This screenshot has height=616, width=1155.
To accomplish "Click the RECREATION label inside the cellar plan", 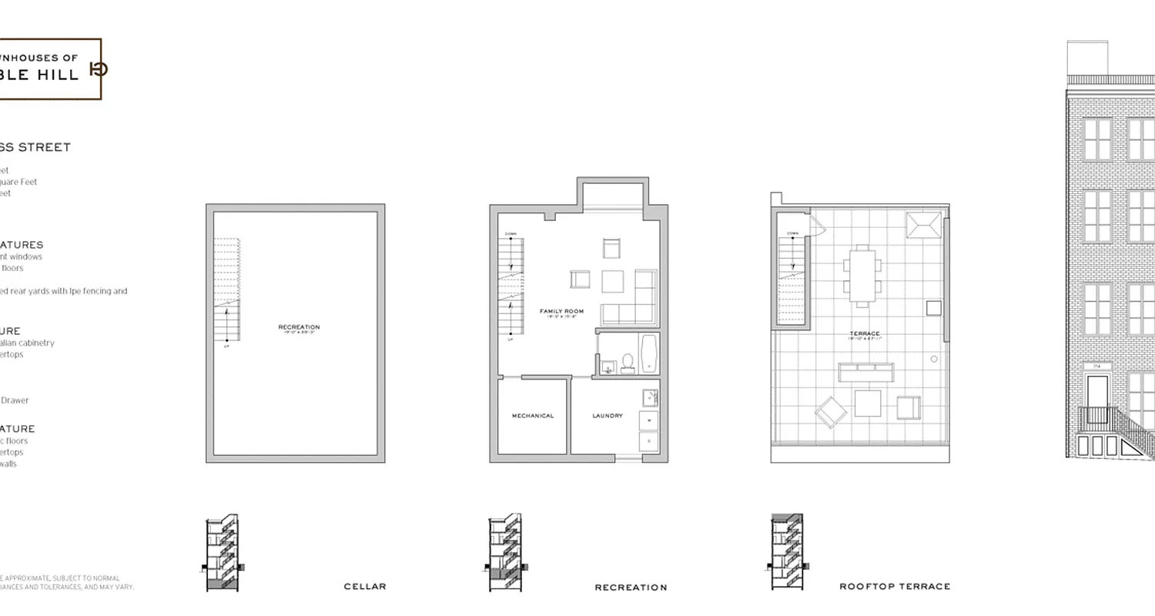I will pos(299,327).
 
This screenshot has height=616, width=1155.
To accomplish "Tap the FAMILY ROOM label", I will pos(561,312).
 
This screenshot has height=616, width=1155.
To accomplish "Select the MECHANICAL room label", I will pos(533,416).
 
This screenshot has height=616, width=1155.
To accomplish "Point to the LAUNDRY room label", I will pos(608,416).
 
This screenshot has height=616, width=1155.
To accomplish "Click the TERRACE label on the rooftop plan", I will pos(865,334).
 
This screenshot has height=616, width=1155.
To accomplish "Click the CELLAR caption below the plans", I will pos(365,587).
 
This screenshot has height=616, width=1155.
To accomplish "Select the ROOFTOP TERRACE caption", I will pos(895,587).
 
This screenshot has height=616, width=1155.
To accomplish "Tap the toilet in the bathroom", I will pos(628,363).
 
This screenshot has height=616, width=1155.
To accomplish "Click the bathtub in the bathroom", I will pos(648,353).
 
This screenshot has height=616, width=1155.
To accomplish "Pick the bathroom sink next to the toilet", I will pos(608,367).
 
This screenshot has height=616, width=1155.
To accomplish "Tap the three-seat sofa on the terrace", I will pos(866,372).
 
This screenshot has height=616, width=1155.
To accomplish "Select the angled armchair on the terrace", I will pos(831,412).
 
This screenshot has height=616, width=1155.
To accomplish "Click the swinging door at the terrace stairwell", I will pos(816,224).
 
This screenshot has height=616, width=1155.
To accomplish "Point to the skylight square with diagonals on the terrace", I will pos(922,225).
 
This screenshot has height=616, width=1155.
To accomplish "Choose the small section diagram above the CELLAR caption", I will pos(223,553).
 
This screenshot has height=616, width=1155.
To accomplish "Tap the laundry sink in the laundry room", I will pos(650,397).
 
